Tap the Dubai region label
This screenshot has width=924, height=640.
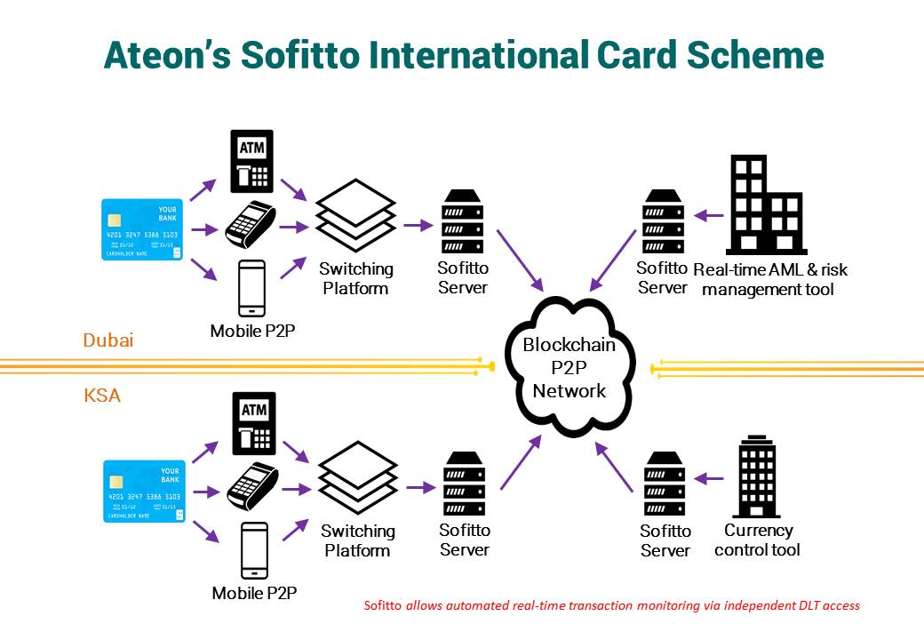coord(108,340)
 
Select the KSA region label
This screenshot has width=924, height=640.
coord(102,396)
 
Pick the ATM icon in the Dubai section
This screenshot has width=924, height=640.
coord(251,161)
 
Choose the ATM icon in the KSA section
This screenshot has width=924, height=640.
coord(252,422)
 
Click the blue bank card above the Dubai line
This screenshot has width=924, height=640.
coord(142,229)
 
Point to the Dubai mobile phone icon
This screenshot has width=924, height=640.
coord(253,288)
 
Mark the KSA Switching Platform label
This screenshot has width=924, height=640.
coord(357,540)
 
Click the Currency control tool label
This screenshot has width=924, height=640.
coord(757,540)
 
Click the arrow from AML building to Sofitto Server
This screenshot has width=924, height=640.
coord(708,214)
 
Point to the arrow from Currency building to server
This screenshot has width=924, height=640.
coord(707,478)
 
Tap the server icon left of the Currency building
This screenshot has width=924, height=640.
coord(665,484)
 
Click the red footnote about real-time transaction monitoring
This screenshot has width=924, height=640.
coord(612,605)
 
